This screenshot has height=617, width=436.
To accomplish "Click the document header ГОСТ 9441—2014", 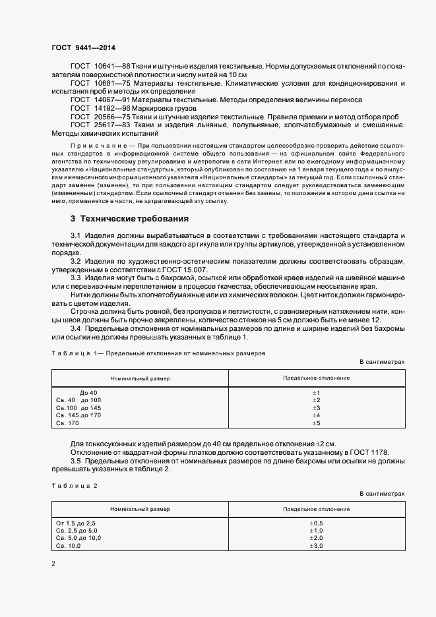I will click(87, 49).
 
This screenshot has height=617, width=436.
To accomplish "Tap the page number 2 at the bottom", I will click(53, 564).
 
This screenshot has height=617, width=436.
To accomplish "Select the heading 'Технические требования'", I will click(130, 218).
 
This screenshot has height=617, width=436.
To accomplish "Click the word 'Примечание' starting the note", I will click(96, 144).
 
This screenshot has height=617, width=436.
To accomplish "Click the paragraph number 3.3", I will click(76, 278).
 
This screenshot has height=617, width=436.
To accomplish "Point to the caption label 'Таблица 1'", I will click(73, 353).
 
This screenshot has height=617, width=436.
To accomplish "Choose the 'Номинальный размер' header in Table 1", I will click(140, 378).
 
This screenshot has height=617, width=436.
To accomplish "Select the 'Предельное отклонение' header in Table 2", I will click(316, 510).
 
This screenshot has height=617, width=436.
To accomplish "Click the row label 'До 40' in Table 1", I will click(88, 392).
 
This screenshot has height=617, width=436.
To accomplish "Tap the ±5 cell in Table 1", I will click(315, 423).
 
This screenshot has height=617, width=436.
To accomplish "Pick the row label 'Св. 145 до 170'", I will click(78, 415).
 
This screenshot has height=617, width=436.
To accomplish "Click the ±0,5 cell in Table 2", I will click(316, 523).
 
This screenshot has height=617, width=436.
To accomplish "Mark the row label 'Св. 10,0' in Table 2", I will click(69, 546).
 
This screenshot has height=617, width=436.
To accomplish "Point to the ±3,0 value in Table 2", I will click(316, 546).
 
